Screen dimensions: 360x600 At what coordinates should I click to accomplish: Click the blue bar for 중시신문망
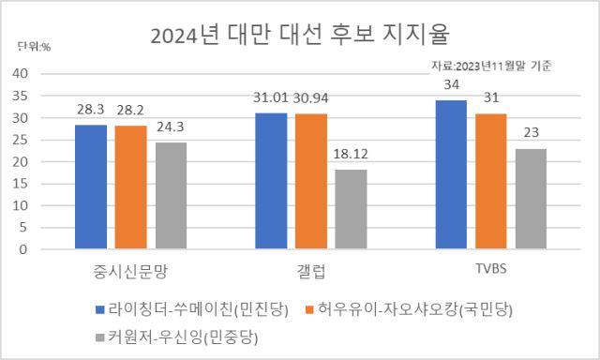(91, 187)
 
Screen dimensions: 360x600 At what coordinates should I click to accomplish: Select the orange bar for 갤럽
(310, 182)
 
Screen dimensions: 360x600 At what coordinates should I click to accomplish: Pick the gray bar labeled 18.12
(352, 210)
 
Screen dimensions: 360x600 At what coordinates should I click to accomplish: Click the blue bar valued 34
(451, 175)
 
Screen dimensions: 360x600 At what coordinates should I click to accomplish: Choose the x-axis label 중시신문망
(130, 270)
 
